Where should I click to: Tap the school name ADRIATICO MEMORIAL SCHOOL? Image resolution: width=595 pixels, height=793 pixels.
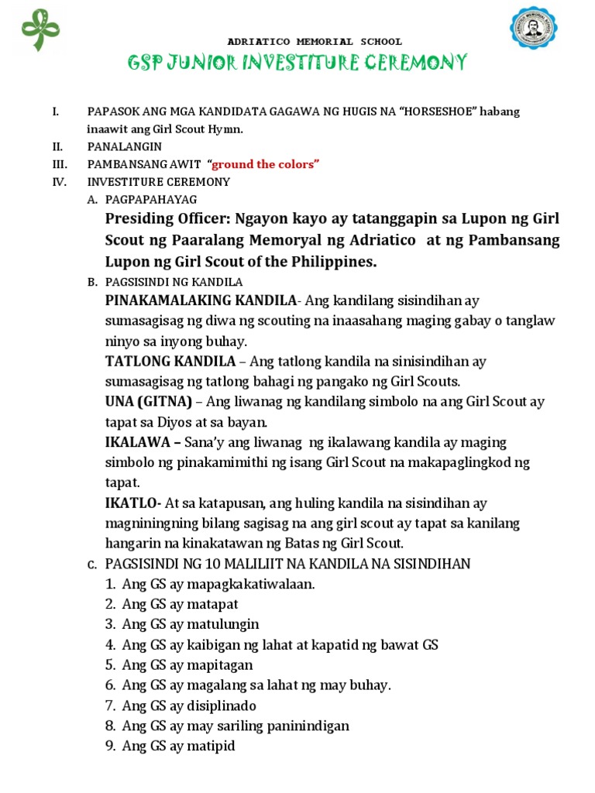(x=314, y=41)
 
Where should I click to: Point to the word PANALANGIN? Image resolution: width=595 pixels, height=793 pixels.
(x=124, y=146)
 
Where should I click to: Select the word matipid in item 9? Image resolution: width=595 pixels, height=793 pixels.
(x=210, y=747)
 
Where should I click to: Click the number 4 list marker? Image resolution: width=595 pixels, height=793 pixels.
(x=110, y=644)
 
